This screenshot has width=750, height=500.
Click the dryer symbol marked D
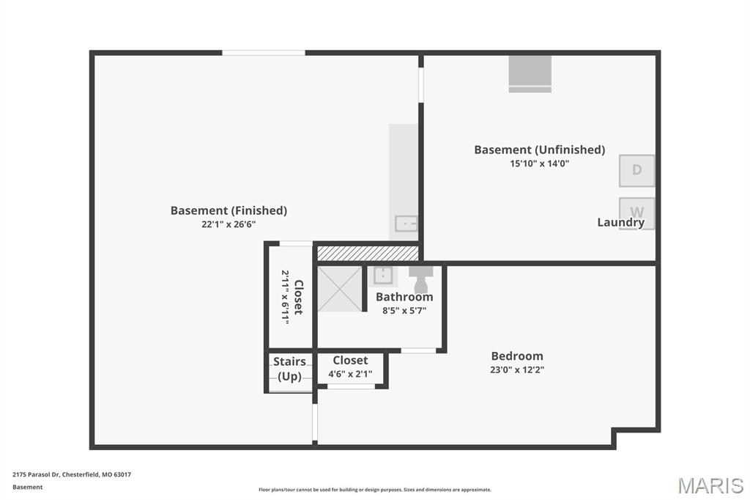pos(636,170)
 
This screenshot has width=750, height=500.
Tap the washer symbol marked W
pos(636,213)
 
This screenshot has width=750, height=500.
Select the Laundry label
pos(621,222)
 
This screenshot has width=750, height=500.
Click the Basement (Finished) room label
pos(229,210)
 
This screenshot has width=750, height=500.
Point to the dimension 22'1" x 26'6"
pos(229,224)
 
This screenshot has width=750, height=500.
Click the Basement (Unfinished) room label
pos(540,150)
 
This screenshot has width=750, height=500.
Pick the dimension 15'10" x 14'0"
pos(540,163)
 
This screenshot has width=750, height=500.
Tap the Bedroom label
pos(517,356)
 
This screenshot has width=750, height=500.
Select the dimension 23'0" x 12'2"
pos(517,370)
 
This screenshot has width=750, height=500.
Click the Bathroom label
pos(404,296)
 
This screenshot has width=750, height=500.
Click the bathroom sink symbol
pos(382,276)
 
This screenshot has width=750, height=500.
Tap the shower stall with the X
pos(340,290)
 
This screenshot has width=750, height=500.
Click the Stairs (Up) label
pos(289,368)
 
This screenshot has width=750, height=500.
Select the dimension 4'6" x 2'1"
pos(350,374)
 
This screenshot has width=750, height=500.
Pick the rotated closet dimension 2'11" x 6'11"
pos(285,297)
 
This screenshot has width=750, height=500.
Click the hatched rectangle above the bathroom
pos(368,254)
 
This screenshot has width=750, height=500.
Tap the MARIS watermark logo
pos(710,485)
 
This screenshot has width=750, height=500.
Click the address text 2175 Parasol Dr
pos(36,474)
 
